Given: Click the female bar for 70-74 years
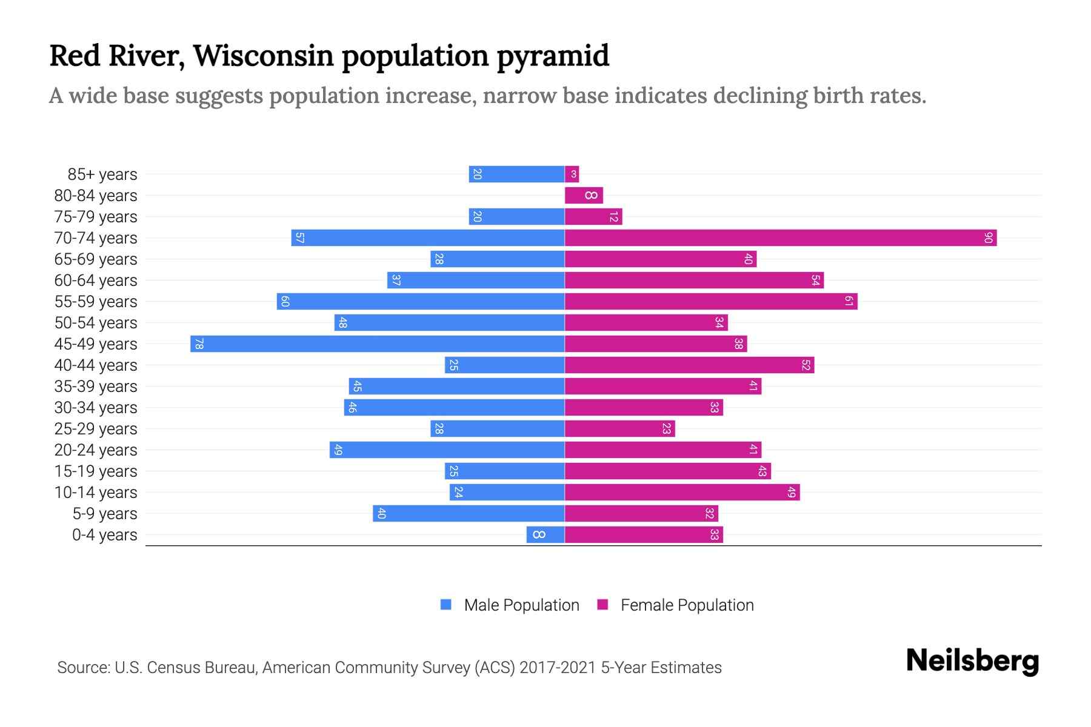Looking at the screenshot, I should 781,238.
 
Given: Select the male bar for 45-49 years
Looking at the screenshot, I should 377,344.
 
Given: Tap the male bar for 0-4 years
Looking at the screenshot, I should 545,535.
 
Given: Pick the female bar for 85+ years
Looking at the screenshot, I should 572,174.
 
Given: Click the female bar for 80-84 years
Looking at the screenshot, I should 584,196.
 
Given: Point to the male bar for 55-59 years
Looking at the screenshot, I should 421,302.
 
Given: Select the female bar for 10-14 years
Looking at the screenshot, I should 682,493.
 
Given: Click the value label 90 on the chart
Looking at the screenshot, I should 988,238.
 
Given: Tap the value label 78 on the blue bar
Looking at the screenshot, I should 199,344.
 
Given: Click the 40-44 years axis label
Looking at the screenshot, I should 96,365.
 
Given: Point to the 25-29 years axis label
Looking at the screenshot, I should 96,429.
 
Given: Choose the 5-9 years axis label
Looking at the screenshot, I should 105,514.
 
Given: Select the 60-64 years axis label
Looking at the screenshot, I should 96,281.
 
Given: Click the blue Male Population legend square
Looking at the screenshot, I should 446,605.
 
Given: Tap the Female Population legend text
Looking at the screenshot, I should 687,605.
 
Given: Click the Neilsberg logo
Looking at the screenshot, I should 972,661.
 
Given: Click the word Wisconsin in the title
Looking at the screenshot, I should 263,56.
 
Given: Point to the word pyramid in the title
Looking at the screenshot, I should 553,56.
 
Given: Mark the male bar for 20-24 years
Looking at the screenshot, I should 447,450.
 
